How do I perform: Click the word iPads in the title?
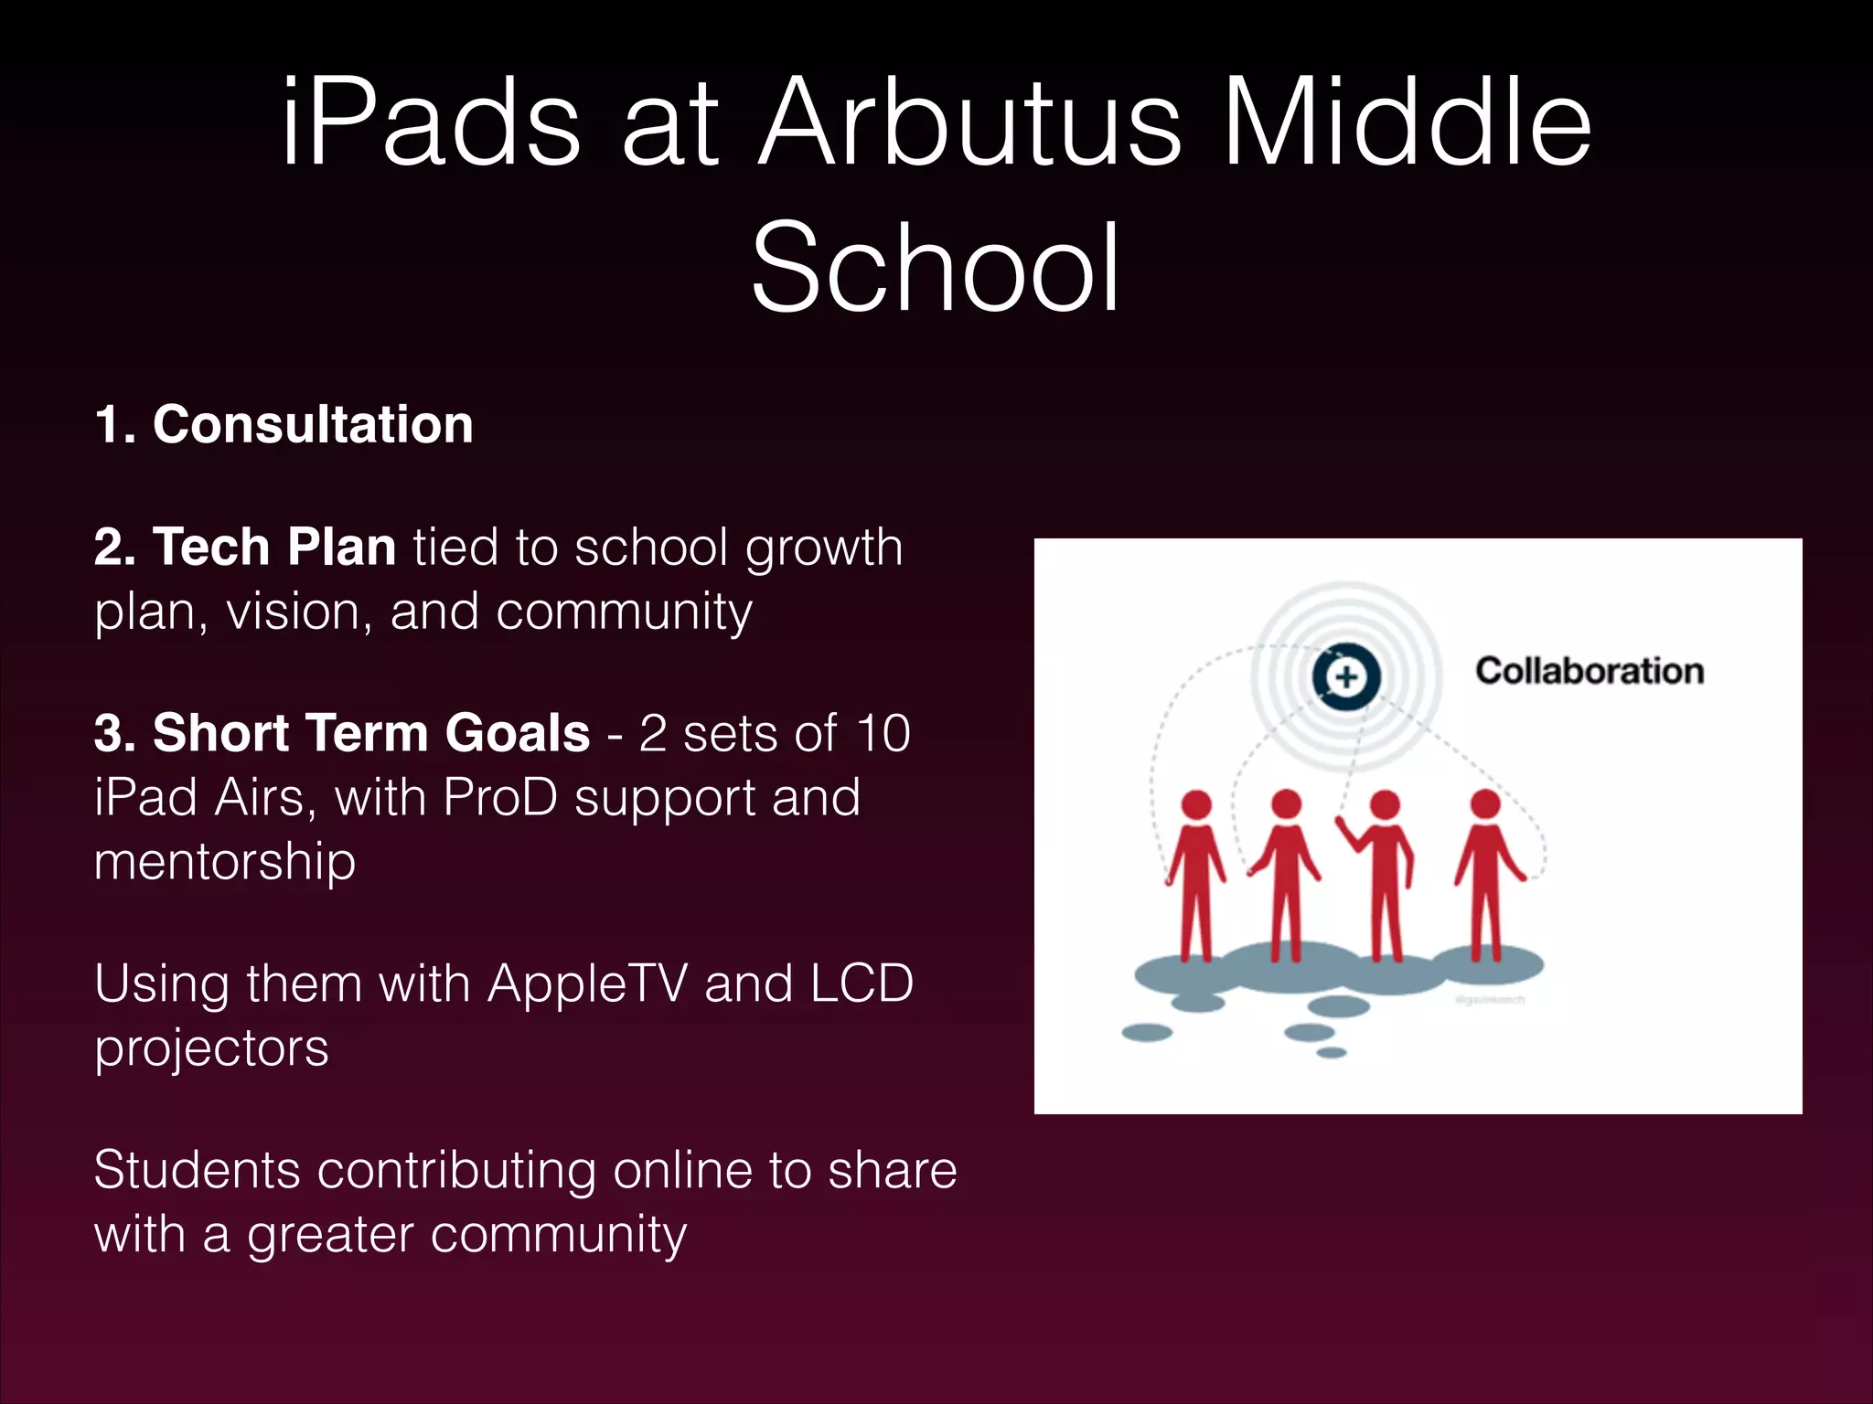(x=430, y=123)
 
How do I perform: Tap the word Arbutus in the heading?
(x=969, y=123)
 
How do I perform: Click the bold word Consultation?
(x=312, y=425)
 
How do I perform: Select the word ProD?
(x=500, y=797)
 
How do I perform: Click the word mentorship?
(x=225, y=862)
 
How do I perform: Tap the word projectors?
(x=211, y=1048)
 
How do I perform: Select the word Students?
(x=197, y=1171)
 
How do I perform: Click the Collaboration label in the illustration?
(x=1589, y=671)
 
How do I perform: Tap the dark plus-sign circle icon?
(x=1345, y=677)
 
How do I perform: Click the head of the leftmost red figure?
(x=1196, y=804)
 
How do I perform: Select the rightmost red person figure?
(x=1486, y=868)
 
